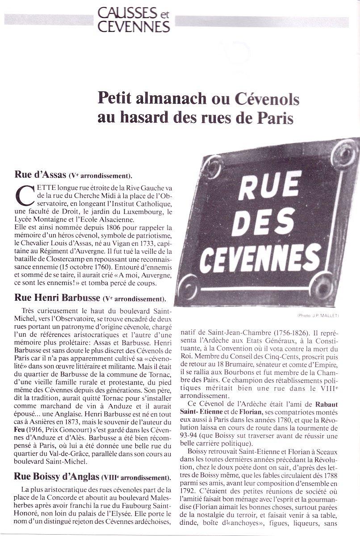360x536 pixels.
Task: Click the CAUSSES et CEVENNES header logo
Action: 134,20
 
